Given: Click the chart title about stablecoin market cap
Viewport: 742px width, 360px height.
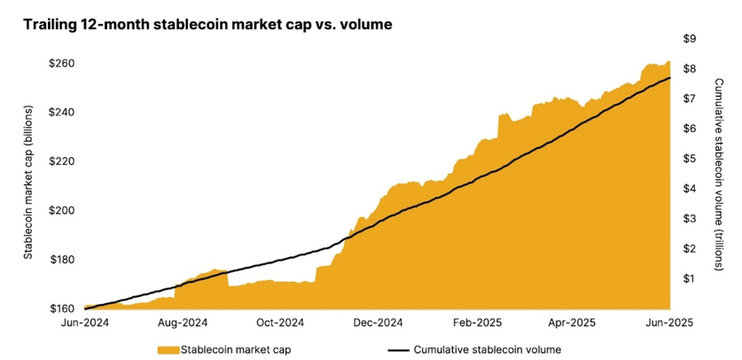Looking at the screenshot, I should point(208,25).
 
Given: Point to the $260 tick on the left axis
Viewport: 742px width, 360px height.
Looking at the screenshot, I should point(62,64).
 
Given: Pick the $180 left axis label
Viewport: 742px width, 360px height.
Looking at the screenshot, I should point(62,260).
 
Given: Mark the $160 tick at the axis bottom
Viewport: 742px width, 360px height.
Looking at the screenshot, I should point(62,309).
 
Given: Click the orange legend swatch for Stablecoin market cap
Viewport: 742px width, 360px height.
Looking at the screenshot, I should point(168,349).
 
